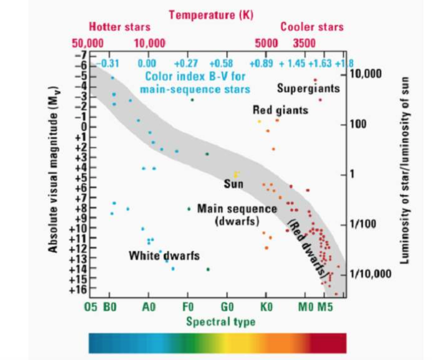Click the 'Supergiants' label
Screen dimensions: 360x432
pos(308,89)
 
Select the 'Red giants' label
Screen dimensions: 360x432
pos(280,111)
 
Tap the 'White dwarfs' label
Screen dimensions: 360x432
pos(164,255)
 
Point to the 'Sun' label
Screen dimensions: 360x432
pos(233,184)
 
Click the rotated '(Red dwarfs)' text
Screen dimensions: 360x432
pos(307,249)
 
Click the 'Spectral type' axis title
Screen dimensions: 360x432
pos(221,322)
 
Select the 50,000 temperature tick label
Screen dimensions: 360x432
pos(88,43)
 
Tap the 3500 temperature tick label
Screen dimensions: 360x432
pos(304,43)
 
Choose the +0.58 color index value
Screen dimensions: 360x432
pos(221,64)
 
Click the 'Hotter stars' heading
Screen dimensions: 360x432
pos(119,27)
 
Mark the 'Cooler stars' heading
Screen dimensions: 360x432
pos(312,27)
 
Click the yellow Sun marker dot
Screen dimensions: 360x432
pos(236,174)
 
